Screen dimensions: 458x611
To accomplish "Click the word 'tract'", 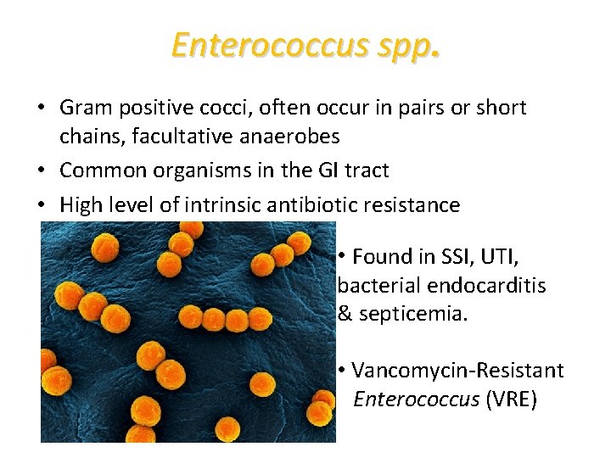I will click(366, 170).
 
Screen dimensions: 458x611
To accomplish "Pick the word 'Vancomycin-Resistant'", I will click(458, 371).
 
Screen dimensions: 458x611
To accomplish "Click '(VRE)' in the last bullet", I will click(511, 399).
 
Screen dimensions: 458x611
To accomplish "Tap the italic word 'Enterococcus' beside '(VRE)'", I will click(416, 399).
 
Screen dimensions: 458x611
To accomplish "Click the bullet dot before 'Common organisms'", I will click(42, 170).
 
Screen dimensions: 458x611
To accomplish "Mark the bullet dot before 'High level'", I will click(42, 205).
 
